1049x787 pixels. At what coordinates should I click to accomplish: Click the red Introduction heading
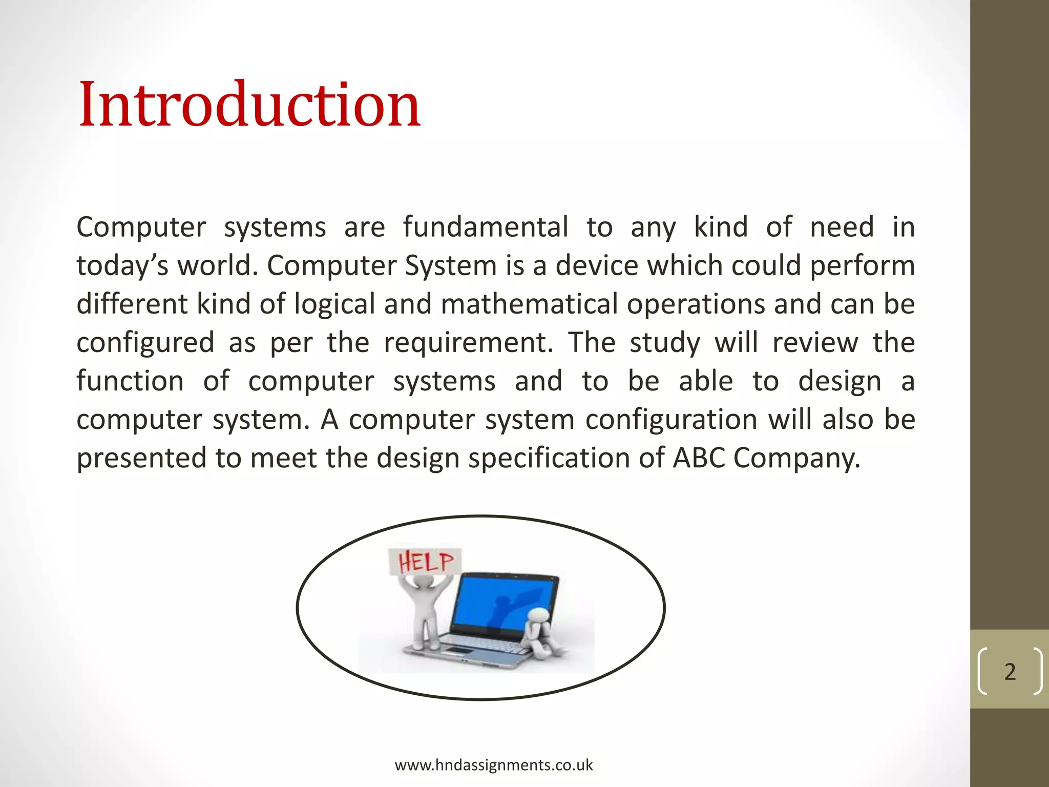click(x=249, y=106)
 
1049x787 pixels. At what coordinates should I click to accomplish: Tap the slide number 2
click(x=1010, y=672)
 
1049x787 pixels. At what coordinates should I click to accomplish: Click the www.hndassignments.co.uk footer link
click(x=493, y=765)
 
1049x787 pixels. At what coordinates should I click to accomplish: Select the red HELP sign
click(x=425, y=562)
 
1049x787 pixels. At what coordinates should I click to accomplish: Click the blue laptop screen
click(x=505, y=603)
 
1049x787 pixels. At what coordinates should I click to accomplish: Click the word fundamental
click(x=485, y=227)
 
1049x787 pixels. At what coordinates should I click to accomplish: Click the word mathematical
click(x=529, y=304)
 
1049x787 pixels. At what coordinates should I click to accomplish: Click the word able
click(x=706, y=381)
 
